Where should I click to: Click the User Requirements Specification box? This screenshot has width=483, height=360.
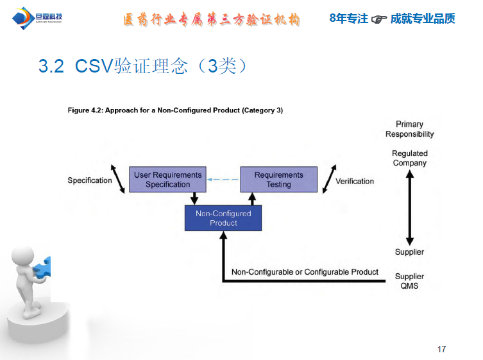coord(167,180)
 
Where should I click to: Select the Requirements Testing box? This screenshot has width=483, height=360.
coord(278,180)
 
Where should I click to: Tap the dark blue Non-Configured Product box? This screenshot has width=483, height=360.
coord(223,218)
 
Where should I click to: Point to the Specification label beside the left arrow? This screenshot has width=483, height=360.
coord(90,180)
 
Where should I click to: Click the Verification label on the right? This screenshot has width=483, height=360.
coord(355,181)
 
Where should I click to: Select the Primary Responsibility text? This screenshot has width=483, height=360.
coord(409,129)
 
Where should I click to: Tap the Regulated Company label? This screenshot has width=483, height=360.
coord(409,158)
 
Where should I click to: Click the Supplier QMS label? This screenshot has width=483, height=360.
coord(409,281)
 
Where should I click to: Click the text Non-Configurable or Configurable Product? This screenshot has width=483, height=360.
coord(305,272)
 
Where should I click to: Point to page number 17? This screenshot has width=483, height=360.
coord(441,349)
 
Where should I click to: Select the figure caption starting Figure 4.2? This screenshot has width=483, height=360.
coord(175,110)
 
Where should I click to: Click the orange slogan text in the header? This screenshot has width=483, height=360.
coord(212,19)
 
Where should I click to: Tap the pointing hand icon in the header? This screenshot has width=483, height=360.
coord(380,20)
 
